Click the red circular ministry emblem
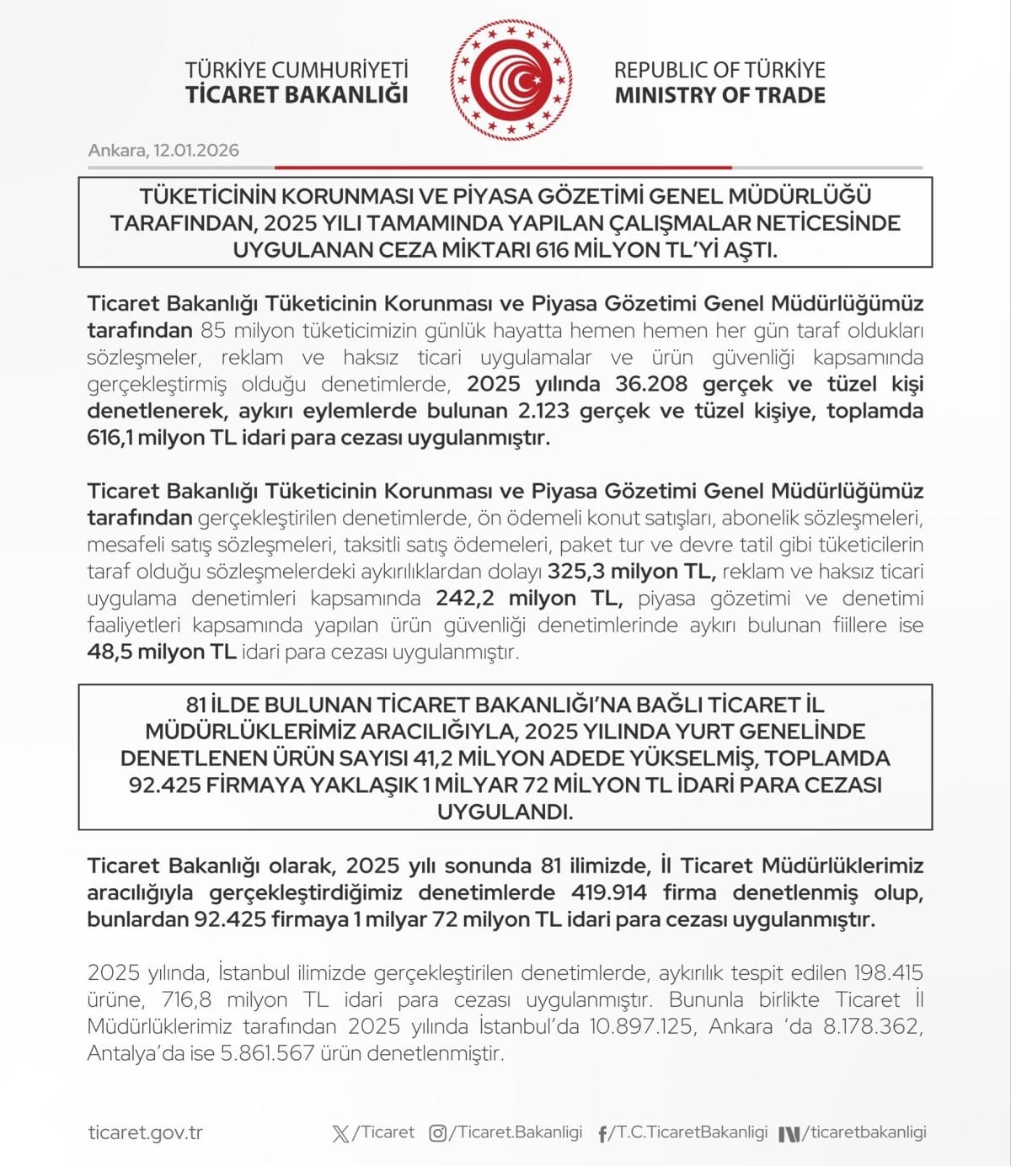pyautogui.click(x=511, y=81)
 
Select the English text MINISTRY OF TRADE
pyautogui.click(x=719, y=95)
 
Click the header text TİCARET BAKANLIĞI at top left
pyautogui.click(x=297, y=94)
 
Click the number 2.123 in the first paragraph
pyautogui.click(x=539, y=411)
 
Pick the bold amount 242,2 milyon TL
pyautogui.click(x=529, y=599)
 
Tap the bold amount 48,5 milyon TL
pyautogui.click(x=161, y=652)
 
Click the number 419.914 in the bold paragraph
pyautogui.click(x=609, y=892)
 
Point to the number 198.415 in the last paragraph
pyautogui.click(x=888, y=973)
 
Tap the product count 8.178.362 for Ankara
pyautogui.click(x=869, y=1027)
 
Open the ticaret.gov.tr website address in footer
pyautogui.click(x=145, y=1133)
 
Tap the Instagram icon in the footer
pyautogui.click(x=437, y=1133)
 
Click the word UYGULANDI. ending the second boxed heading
pyautogui.click(x=505, y=812)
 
